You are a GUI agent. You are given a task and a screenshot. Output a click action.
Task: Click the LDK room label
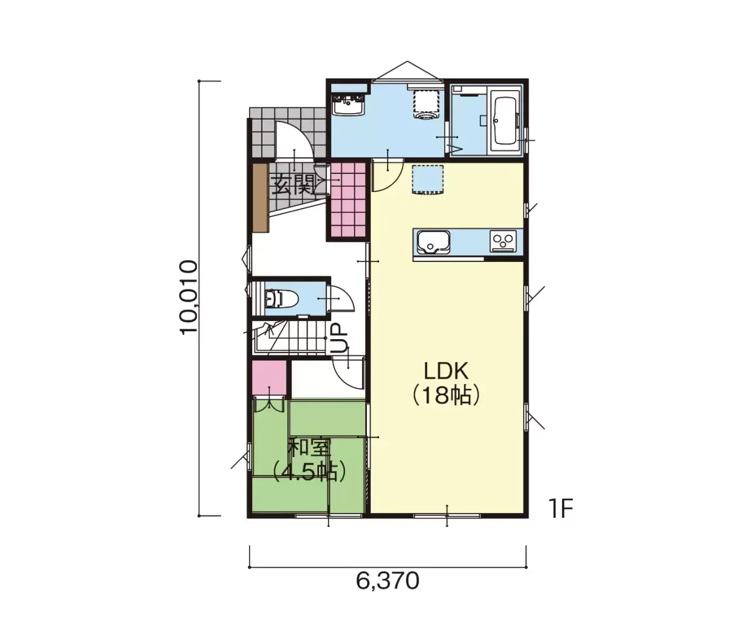click(445, 371)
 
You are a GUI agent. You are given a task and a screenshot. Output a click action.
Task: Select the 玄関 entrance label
click(292, 185)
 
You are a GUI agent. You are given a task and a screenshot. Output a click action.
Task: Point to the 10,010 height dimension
click(188, 298)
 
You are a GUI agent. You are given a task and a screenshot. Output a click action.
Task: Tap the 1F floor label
click(561, 508)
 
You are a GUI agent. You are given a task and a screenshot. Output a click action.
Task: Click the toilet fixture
click(281, 299)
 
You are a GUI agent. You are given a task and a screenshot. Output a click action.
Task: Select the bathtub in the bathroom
click(504, 122)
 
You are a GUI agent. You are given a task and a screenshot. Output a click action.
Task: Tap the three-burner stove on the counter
click(502, 241)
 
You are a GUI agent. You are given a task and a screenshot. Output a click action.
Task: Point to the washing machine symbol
click(426, 104)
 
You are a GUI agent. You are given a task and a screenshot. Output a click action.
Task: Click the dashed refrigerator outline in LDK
click(428, 180)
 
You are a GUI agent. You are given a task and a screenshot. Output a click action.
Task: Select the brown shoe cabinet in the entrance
click(261, 198)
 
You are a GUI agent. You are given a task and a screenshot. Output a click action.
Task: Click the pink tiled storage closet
click(348, 199)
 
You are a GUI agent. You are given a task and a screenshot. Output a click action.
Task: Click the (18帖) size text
click(446, 396)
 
